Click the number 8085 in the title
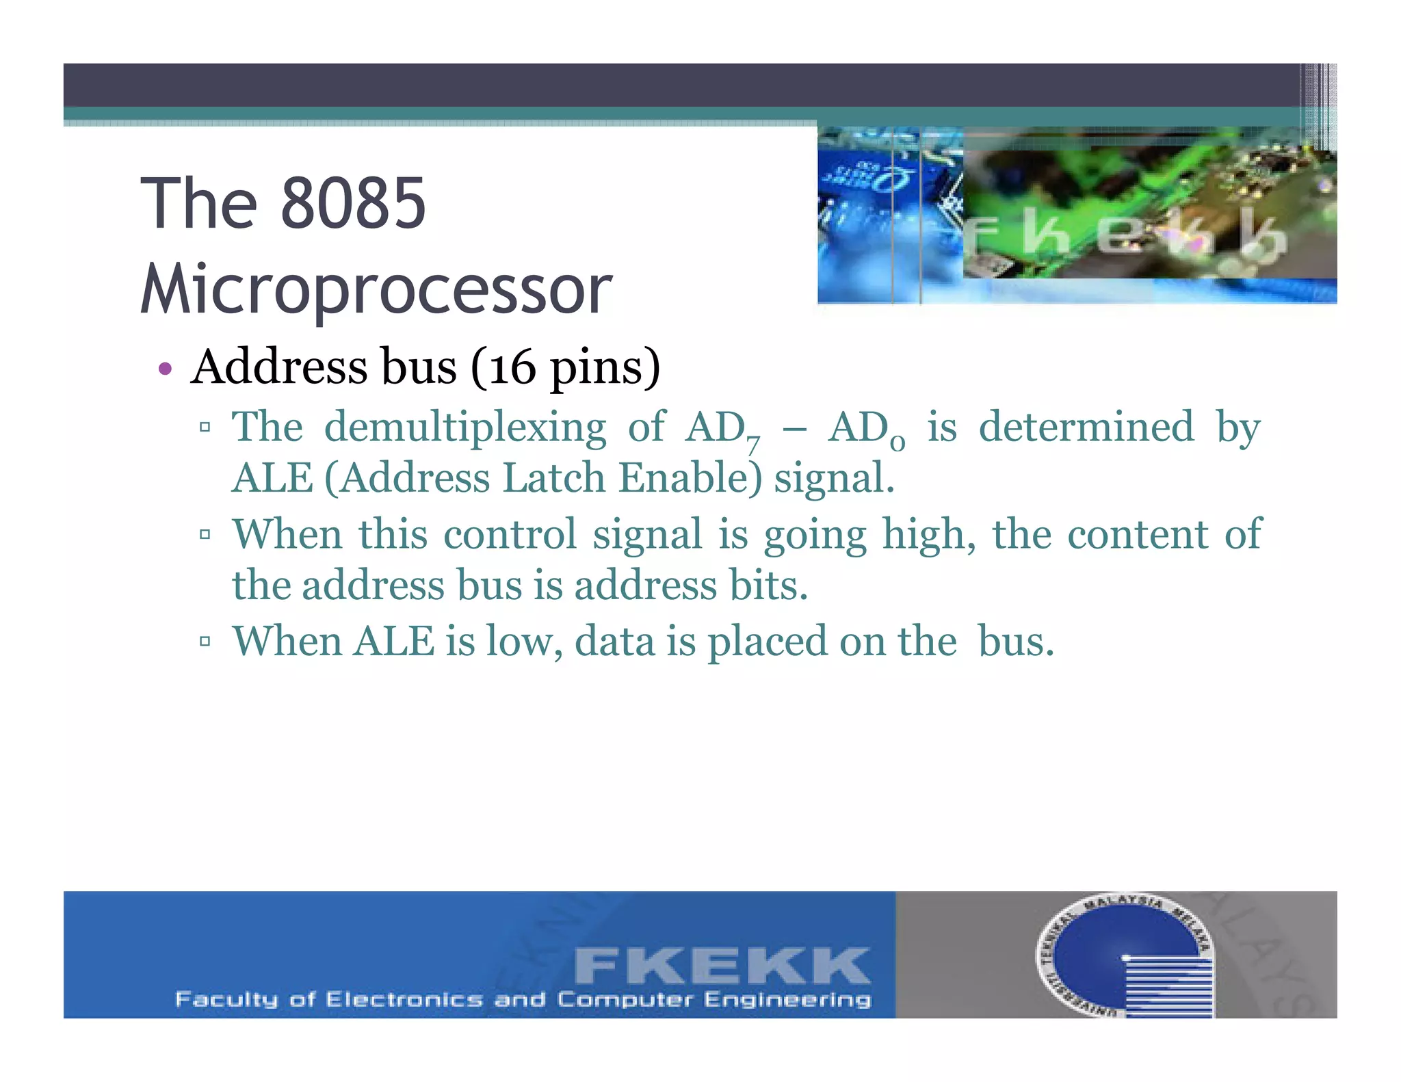[x=353, y=203]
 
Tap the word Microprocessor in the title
[x=376, y=290]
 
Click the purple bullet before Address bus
[x=165, y=369]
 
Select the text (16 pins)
[x=565, y=368]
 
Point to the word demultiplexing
[x=465, y=428]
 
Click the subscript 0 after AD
[x=898, y=445]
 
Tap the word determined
[x=1086, y=427]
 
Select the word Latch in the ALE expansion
[x=553, y=478]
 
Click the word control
[x=510, y=535]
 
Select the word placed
[x=768, y=642]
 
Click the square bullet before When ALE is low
[x=205, y=642]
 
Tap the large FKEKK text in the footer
[x=722, y=966]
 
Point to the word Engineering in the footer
[x=787, y=1000]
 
